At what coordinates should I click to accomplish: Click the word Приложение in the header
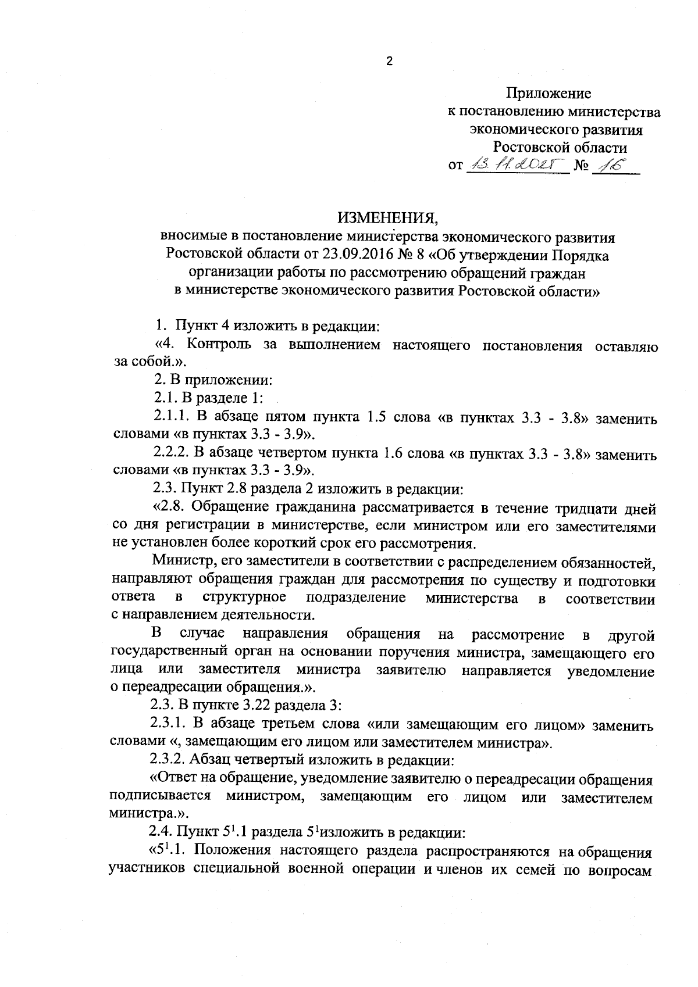(x=549, y=93)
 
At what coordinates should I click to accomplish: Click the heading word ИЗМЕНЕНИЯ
(x=388, y=218)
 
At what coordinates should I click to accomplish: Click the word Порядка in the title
(x=581, y=255)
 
